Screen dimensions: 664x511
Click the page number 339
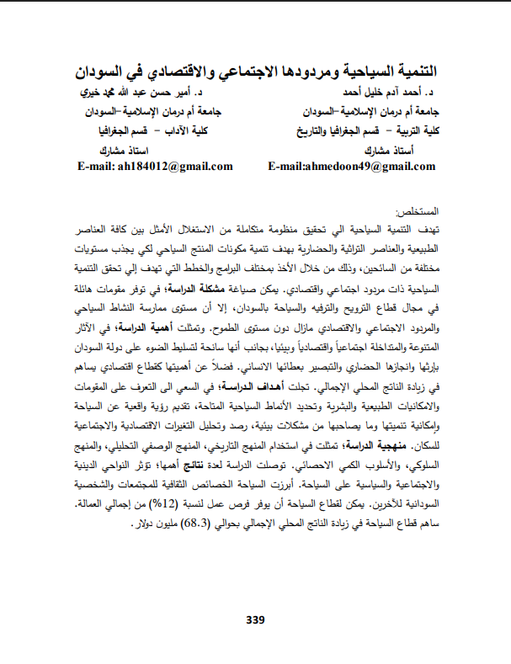255,620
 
